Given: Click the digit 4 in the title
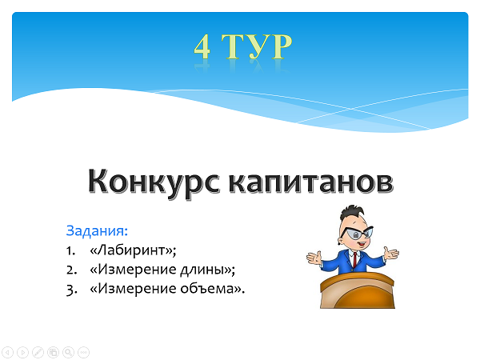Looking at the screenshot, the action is pyautogui.click(x=202, y=46).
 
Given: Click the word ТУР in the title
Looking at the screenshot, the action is pyautogui.click(x=257, y=46).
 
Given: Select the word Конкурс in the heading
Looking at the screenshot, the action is pyautogui.click(x=154, y=182).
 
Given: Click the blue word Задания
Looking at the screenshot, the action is pyautogui.click(x=97, y=230).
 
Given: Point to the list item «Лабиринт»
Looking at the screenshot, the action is pyautogui.click(x=133, y=250).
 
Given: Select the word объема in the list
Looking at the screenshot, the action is pyautogui.click(x=207, y=289).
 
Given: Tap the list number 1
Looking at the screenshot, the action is pyautogui.click(x=70, y=250).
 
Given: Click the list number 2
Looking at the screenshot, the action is pyautogui.click(x=72, y=270).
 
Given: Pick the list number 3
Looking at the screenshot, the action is pyautogui.click(x=72, y=290).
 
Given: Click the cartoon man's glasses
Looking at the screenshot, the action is pyautogui.click(x=357, y=234).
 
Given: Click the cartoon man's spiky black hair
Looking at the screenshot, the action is pyautogui.click(x=352, y=212).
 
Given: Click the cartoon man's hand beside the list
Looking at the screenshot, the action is pyautogui.click(x=314, y=258).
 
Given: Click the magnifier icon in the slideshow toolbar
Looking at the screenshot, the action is pyautogui.click(x=68, y=352).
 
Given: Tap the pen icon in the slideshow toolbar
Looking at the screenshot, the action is pyautogui.click(x=38, y=352).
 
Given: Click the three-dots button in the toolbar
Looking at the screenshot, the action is pyautogui.click(x=83, y=352).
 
